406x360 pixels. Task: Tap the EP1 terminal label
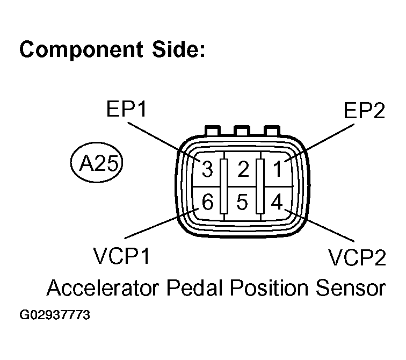(x=128, y=111)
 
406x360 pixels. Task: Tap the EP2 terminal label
(x=364, y=111)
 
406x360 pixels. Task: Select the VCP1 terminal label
(x=121, y=257)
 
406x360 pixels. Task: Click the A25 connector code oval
(x=97, y=162)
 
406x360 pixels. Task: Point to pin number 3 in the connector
(x=207, y=170)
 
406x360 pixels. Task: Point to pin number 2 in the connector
(x=243, y=170)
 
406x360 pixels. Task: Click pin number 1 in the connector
(x=277, y=170)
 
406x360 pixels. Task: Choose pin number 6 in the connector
(x=207, y=203)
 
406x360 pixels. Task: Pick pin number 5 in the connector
(x=242, y=203)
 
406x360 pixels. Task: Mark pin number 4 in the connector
(x=277, y=203)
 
